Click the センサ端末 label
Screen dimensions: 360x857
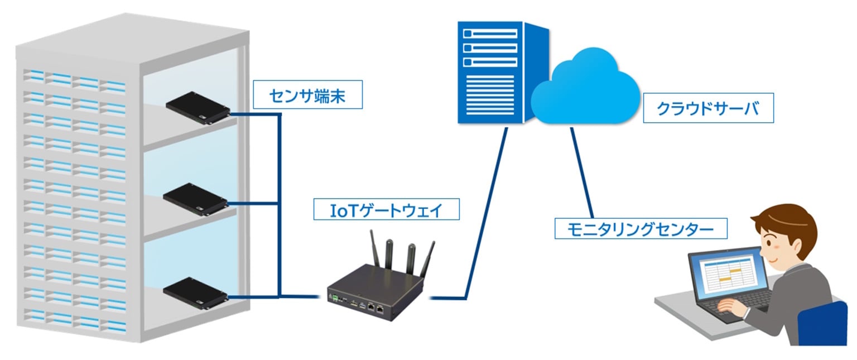(x=307, y=96)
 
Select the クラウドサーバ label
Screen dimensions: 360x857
(x=708, y=108)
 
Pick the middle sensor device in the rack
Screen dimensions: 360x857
(x=196, y=198)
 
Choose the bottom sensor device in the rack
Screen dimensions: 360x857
(x=196, y=291)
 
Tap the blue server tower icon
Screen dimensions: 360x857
(x=491, y=73)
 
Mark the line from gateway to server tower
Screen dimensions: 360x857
(x=485, y=212)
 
